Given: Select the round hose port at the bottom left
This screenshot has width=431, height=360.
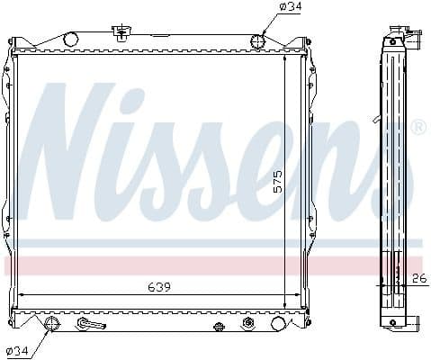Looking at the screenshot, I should tap(52, 325).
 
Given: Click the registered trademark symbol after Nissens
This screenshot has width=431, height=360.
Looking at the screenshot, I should tap(418, 130).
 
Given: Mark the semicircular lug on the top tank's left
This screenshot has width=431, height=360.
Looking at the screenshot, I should tap(70, 38).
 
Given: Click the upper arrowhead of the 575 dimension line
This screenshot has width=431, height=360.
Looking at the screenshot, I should tap(287, 58).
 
